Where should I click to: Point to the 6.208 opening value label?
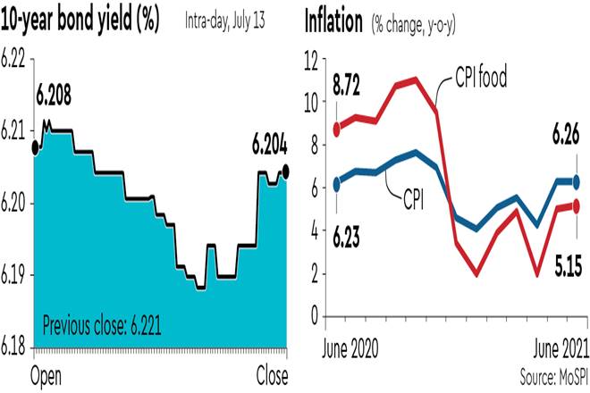[53, 92]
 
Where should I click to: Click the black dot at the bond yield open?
[35, 146]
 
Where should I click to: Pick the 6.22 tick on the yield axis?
[14, 62]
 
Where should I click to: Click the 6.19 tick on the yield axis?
[14, 276]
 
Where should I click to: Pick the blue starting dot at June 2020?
[336, 184]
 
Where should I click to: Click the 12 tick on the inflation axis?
[310, 62]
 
